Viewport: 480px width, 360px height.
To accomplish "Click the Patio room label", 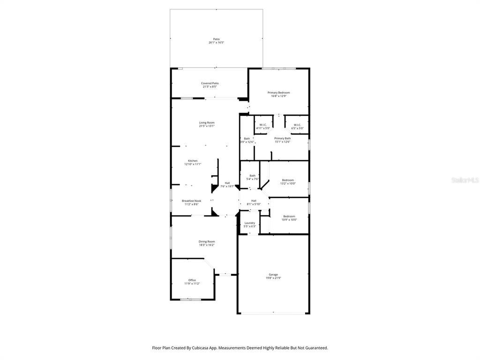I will tap(216, 39).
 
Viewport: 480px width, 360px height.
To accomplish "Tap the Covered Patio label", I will tap(210, 83).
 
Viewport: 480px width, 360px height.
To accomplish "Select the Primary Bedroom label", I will tap(278, 93).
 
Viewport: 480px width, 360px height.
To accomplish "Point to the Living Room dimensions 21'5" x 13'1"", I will tap(206, 126).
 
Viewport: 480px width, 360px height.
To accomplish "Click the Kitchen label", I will tap(193, 161).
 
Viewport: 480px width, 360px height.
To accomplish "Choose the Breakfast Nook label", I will tap(191, 201).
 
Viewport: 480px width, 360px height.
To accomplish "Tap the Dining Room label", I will tap(206, 241).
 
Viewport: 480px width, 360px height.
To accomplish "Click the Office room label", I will tap(192, 280).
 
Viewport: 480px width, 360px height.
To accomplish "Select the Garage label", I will tap(273, 275).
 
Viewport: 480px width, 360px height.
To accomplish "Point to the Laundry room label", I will tap(249, 223).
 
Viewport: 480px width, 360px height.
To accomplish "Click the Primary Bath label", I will tap(282, 138).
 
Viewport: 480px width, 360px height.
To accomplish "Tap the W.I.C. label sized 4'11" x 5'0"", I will tap(263, 125).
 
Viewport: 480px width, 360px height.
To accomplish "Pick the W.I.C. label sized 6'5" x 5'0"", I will tap(297, 125).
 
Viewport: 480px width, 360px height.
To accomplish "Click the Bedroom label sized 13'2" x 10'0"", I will tap(288, 180).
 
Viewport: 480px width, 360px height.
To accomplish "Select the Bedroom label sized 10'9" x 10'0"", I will tap(289, 216).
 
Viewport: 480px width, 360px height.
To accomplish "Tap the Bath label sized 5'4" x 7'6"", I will tap(252, 176).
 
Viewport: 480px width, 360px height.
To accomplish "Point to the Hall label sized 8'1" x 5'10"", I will tap(254, 201).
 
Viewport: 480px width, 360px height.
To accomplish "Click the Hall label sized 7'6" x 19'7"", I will tap(227, 183).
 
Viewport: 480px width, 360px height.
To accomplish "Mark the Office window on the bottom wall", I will tap(190, 299).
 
